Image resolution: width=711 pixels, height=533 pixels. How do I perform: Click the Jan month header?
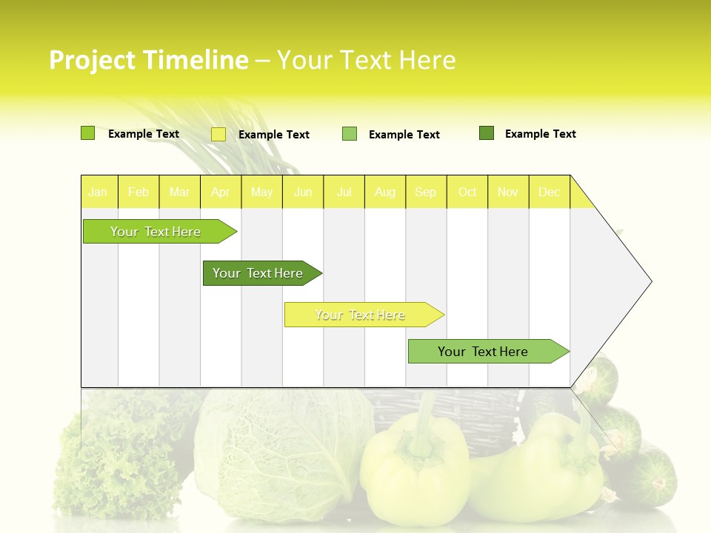pos(98,192)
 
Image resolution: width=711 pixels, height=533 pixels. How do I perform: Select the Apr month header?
pos(221,192)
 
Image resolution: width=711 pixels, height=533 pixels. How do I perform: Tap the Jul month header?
pos(344,192)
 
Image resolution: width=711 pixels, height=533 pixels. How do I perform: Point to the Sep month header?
pos(425,192)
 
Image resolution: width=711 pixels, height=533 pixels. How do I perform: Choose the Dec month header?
pos(549,192)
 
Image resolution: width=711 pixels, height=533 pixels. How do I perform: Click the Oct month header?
pos(467,192)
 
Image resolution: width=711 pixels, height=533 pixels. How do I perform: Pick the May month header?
pos(261,192)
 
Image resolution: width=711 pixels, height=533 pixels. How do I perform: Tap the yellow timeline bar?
pos(361,315)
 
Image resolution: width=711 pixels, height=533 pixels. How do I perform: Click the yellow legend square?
pos(218,134)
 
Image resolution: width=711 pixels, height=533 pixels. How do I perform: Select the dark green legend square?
pos(487,133)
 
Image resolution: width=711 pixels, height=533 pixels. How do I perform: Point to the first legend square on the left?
pos(88,133)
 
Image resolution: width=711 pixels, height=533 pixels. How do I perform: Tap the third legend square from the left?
pos(350,134)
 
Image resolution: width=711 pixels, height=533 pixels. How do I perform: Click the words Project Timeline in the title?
pos(148,60)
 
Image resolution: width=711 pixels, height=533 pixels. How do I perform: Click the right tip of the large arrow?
pos(650,281)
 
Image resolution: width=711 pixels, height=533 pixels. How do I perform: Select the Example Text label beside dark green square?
pos(540,134)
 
